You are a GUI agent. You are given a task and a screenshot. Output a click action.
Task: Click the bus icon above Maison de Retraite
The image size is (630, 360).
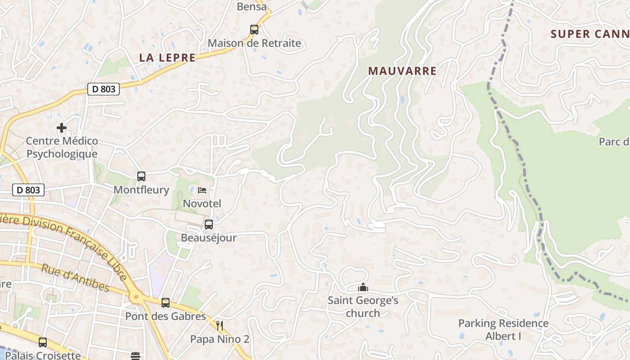[254, 30]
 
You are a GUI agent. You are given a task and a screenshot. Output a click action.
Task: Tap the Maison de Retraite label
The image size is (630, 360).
[254, 44]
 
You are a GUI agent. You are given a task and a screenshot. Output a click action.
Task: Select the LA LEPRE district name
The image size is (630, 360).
[167, 58]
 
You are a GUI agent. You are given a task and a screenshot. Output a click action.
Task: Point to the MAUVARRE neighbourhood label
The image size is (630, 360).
[402, 71]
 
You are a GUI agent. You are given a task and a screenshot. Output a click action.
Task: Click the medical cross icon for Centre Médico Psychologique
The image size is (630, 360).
[62, 128]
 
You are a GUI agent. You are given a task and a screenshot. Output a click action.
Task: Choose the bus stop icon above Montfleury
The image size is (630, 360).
[141, 176]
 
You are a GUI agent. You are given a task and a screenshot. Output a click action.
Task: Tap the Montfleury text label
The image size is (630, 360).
[141, 190]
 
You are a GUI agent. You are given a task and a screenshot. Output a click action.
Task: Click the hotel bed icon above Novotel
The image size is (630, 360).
[202, 190]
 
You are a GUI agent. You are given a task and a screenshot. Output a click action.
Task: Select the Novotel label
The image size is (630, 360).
[202, 203]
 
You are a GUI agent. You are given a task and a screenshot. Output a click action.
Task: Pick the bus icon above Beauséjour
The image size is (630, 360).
[209, 224]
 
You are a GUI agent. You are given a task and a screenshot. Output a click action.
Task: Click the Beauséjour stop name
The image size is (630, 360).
[209, 238]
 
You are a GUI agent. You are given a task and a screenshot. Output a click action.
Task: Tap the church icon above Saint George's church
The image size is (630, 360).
[363, 287]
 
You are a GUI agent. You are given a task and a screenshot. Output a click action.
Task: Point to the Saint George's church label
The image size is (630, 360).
[363, 306]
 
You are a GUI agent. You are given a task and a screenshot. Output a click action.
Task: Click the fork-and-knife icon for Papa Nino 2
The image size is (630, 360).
[220, 325]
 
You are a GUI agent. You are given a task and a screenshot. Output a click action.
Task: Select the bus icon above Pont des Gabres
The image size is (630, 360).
[166, 303]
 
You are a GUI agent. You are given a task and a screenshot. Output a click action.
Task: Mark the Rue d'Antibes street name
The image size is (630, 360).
[76, 278]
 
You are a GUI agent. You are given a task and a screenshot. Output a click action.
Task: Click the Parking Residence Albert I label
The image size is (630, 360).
[503, 330]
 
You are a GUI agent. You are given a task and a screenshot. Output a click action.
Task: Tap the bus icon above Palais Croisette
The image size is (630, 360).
[43, 342]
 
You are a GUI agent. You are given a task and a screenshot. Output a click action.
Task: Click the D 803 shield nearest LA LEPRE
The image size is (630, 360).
[103, 89]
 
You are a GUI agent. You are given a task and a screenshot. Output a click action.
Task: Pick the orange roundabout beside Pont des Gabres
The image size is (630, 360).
[136, 297]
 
